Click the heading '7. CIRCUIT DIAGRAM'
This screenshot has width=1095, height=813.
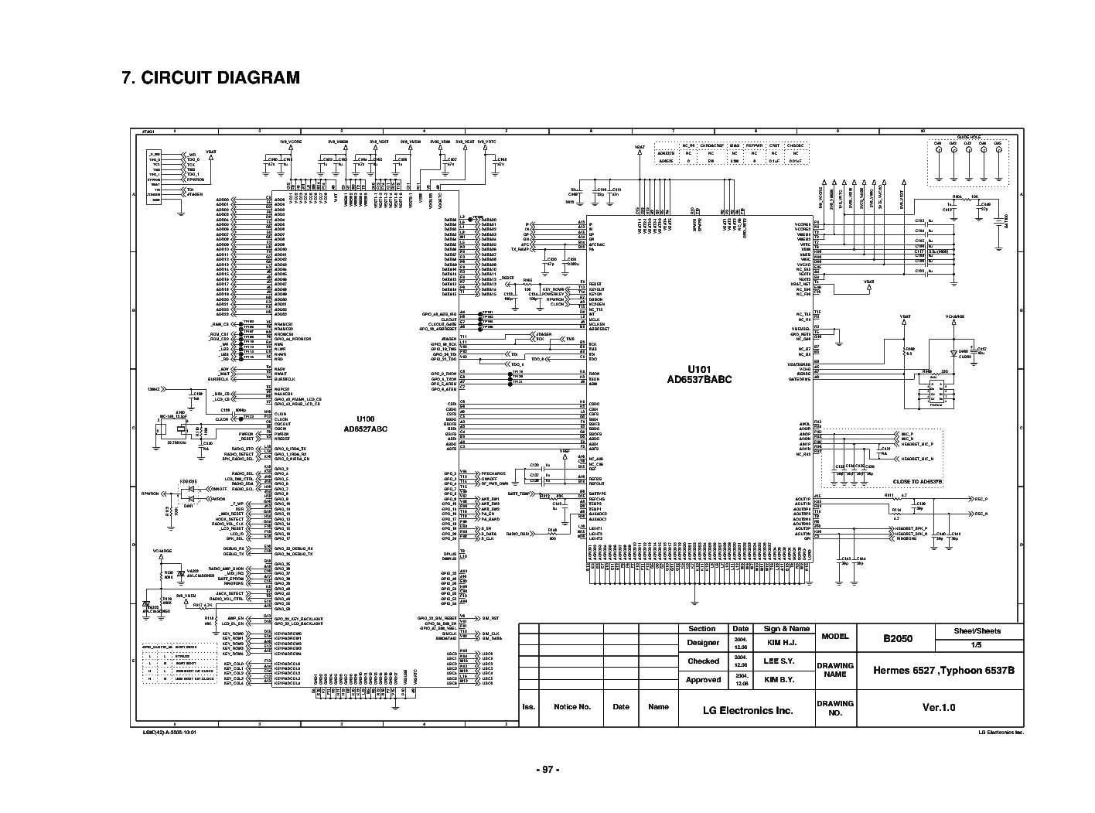tap(211, 78)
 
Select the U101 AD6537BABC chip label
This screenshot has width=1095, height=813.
tap(699, 375)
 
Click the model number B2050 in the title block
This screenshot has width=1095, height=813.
tap(898, 639)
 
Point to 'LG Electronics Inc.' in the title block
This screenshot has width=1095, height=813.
tap(747, 710)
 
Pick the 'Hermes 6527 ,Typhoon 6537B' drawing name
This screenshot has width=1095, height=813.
tap(939, 670)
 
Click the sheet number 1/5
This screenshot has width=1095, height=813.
tap(977, 645)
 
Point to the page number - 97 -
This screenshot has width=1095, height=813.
tap(547, 770)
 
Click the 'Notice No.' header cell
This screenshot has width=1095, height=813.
tap(572, 707)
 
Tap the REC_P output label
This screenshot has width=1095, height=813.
tap(981, 500)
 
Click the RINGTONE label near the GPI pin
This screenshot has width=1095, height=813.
tap(906, 539)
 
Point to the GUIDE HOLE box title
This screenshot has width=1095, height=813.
tap(968, 136)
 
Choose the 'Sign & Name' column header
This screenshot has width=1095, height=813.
tap(786, 629)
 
